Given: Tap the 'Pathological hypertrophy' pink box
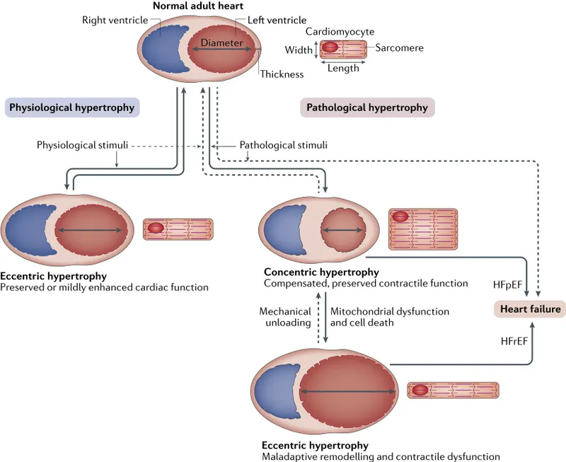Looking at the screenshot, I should coord(366,108).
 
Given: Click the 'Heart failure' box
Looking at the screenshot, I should coord(530,309).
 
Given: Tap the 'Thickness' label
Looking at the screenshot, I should coord(281,74).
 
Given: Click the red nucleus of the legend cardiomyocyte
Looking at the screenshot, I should coord(330,50).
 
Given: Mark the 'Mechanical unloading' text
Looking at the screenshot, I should coord(285,316).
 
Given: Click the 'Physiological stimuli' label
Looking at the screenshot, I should coord(83,145).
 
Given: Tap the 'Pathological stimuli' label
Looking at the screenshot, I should coord(284,145).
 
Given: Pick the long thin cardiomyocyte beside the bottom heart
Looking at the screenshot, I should coord(453,390).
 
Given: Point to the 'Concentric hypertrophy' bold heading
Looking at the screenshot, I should coord(321,272).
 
